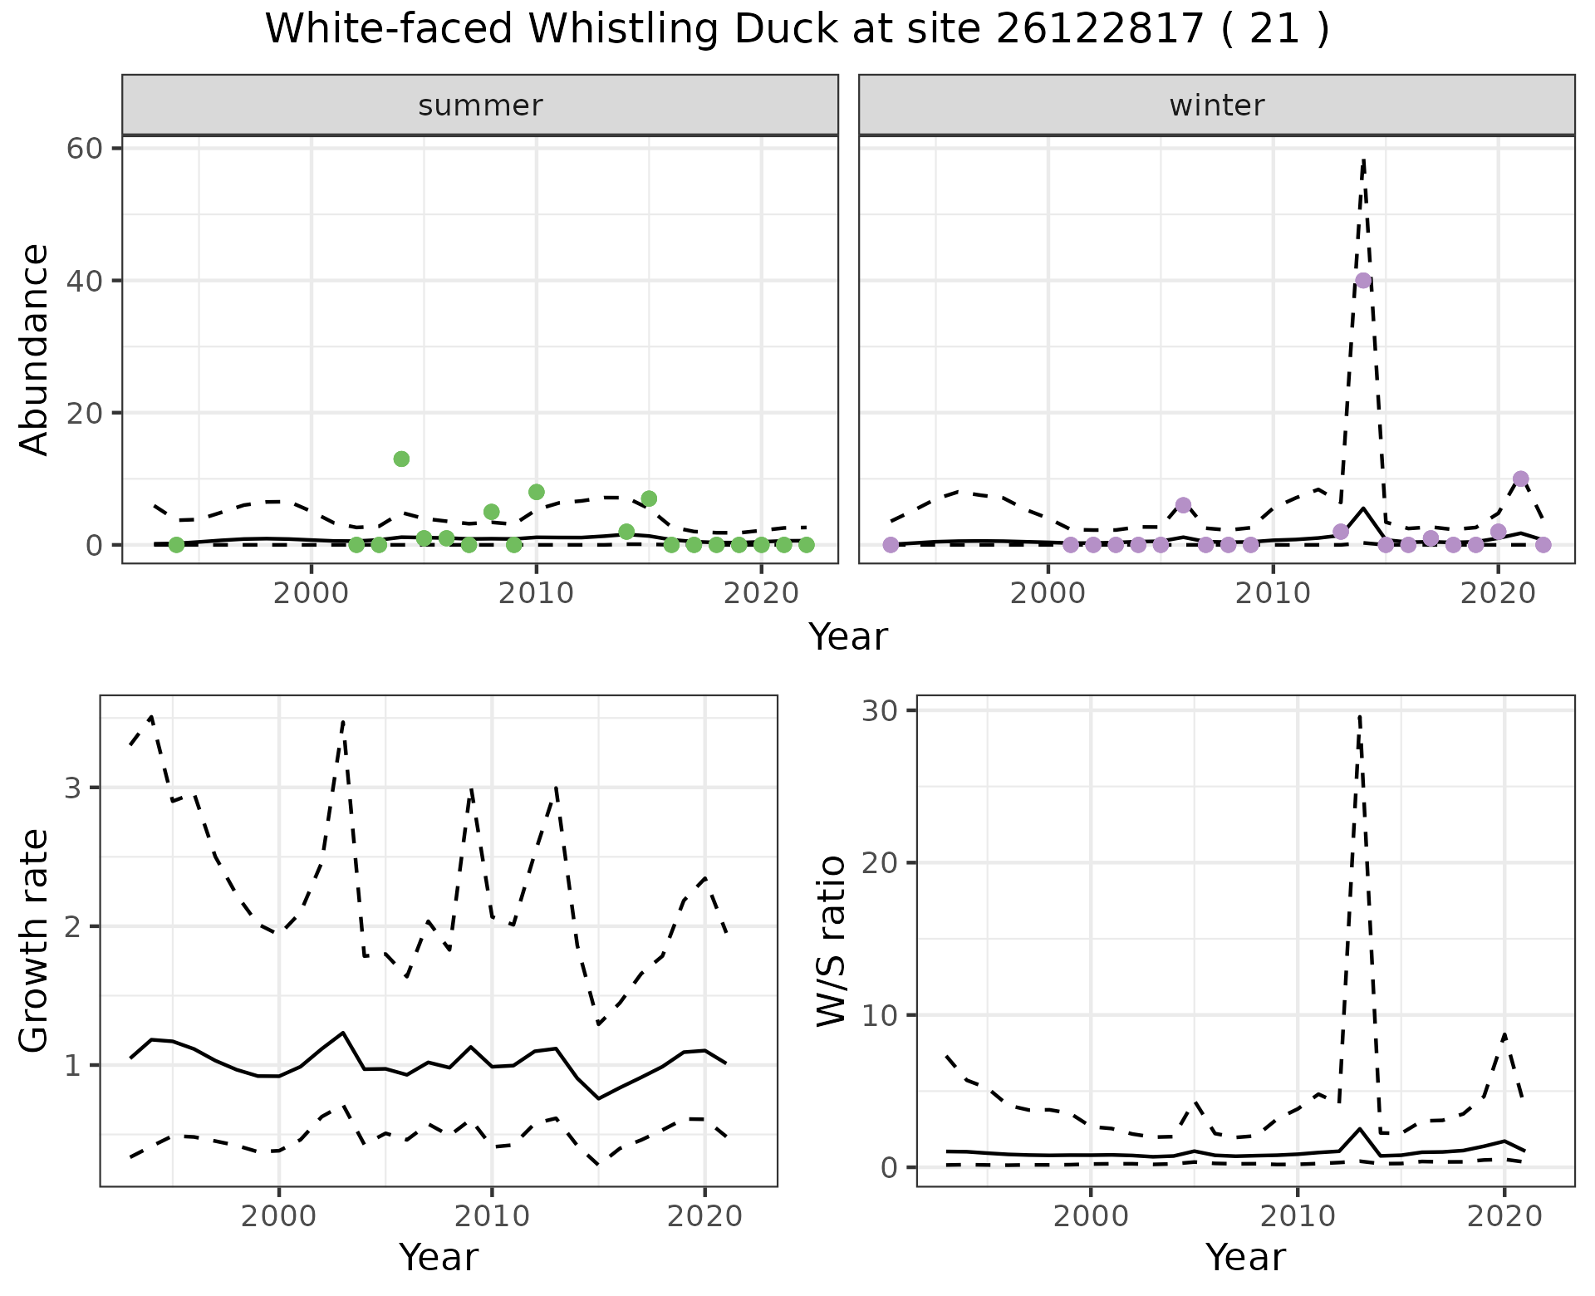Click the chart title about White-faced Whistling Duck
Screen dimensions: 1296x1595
(x=797, y=30)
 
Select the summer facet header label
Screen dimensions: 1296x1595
(x=480, y=106)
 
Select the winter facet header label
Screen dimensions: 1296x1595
(x=1216, y=106)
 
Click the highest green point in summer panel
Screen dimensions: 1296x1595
(x=401, y=459)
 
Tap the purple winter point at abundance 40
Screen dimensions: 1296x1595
(x=1363, y=281)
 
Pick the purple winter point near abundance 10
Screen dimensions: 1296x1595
(x=1521, y=479)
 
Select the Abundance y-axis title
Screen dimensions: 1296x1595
(x=35, y=349)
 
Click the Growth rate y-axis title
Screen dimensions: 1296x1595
(x=35, y=941)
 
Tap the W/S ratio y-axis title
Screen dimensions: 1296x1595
(x=831, y=941)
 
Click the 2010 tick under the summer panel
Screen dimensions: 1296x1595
(x=536, y=593)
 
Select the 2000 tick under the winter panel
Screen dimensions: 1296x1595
(x=1048, y=593)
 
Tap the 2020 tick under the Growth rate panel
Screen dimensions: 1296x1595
(x=704, y=1216)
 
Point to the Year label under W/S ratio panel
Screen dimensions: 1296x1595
(x=1245, y=1258)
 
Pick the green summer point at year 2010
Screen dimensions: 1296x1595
(x=536, y=492)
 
